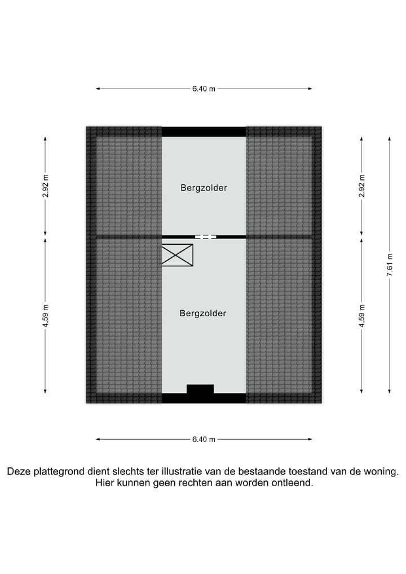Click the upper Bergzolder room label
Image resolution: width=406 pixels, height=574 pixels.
pos(204,188)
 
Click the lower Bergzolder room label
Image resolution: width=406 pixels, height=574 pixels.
pos(203,313)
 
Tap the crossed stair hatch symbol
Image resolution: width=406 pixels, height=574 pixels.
pos(177,255)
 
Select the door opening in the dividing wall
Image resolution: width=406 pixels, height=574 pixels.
pos(206,237)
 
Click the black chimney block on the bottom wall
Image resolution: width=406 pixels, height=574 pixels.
pos(200,389)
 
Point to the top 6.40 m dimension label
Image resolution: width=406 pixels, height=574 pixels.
pos(204,89)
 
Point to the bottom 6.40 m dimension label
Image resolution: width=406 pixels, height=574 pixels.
pos(204,439)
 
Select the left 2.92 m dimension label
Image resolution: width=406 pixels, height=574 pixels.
pos(46,186)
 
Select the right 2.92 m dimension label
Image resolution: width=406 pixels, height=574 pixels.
pos(362,186)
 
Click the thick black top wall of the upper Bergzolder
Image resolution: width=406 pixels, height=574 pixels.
pos(204,131)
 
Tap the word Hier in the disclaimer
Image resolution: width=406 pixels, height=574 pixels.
pos(104,483)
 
